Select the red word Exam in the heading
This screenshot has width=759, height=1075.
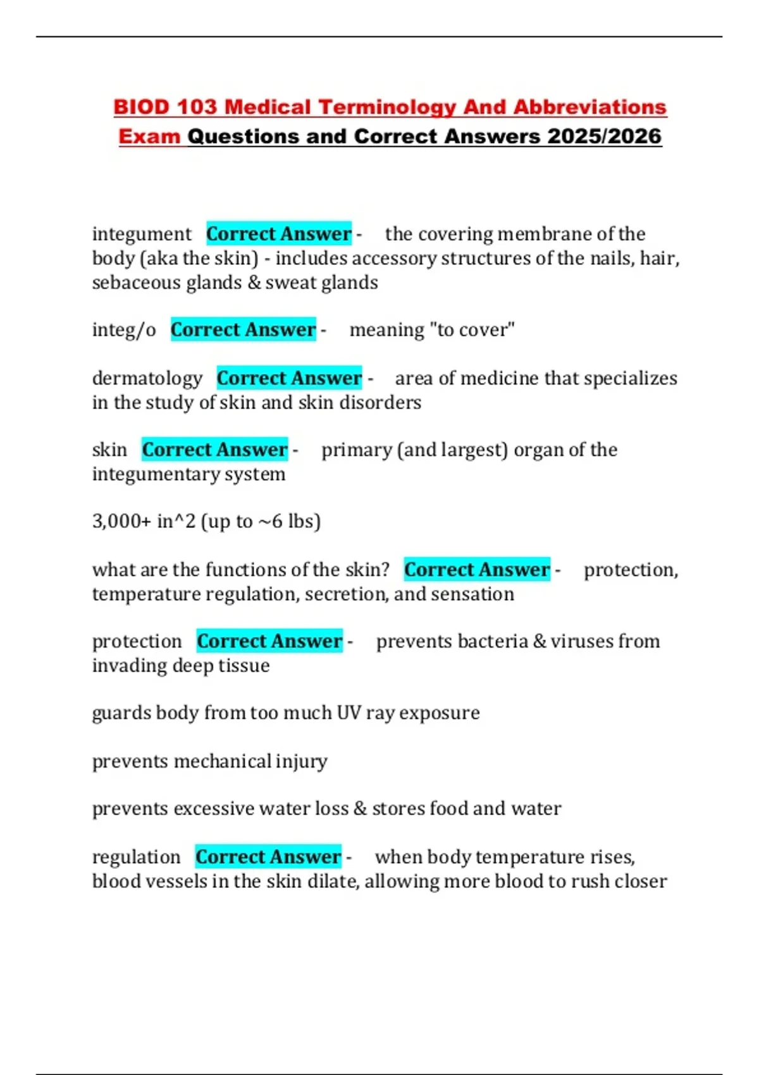(149, 136)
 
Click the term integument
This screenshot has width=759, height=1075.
(142, 234)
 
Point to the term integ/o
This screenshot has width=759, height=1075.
(124, 329)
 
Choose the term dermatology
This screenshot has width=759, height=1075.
(147, 378)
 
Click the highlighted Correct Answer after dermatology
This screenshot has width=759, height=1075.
(289, 378)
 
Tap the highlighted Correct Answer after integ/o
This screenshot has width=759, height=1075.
(243, 329)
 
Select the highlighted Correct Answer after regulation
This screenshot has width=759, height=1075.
(268, 857)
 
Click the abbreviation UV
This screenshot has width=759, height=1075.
(349, 713)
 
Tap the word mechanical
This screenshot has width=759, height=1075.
(223, 761)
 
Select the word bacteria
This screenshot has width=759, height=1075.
(493, 641)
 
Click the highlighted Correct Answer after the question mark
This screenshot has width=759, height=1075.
(477, 570)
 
